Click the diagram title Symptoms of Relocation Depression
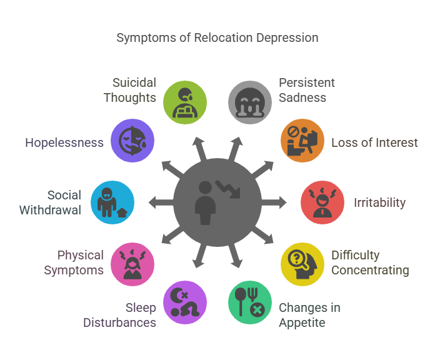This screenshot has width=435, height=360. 217,37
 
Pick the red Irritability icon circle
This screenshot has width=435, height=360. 322,202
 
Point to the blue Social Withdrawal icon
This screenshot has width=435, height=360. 112,202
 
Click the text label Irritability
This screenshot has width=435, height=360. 379,202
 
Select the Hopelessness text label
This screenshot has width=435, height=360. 64,142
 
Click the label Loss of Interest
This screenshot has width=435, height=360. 374,142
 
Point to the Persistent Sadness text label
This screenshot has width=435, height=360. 307,90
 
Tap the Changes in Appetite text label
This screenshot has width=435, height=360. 309,314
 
